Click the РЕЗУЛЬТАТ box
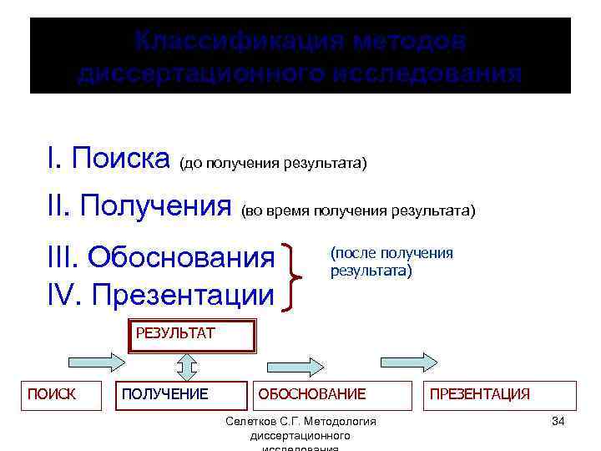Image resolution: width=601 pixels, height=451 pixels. click(189, 336)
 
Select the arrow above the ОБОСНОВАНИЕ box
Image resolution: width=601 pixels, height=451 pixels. click(295, 365)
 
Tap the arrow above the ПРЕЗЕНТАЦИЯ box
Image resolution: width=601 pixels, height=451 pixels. click(408, 362)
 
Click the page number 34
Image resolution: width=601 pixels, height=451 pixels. click(558, 421)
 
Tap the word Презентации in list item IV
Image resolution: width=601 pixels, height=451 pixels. click(183, 294)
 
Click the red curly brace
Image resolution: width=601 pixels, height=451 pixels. click(293, 276)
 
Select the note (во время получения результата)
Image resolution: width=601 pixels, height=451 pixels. click(357, 210)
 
